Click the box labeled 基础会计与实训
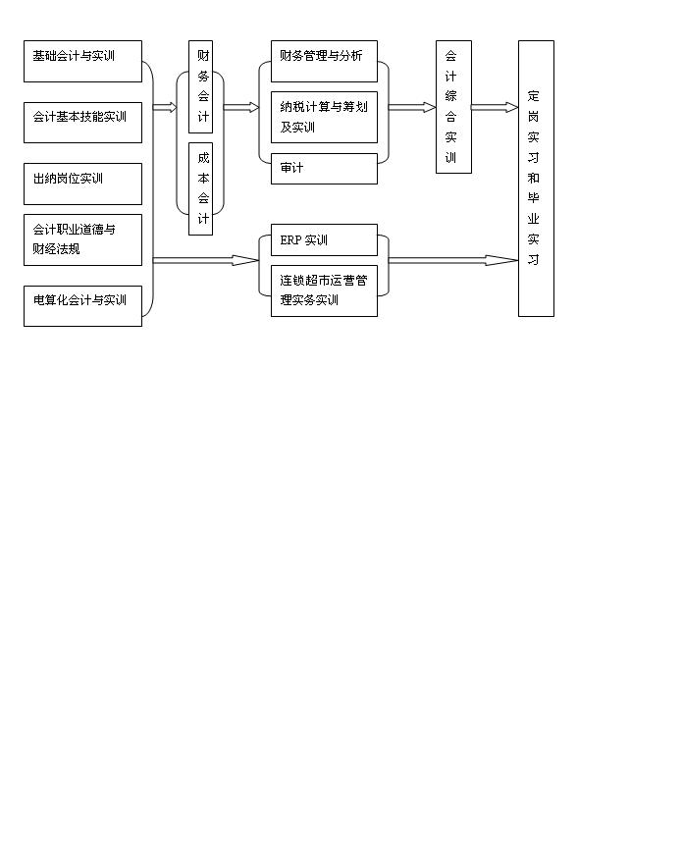pyautogui.click(x=82, y=61)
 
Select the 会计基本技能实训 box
pyautogui.click(x=82, y=123)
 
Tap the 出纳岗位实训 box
pyautogui.click(x=82, y=184)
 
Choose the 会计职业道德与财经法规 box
pyautogui.click(x=82, y=239)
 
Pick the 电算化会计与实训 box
pyautogui.click(x=82, y=306)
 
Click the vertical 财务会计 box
pyautogui.click(x=200, y=86)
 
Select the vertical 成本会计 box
pyautogui.click(x=200, y=188)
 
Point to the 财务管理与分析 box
pyautogui.click(x=324, y=61)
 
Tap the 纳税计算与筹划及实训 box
pyautogui.click(x=324, y=117)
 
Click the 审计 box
pyautogui.click(x=324, y=169)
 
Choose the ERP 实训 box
pyautogui.click(x=324, y=239)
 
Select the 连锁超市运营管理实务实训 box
pyautogui.click(x=324, y=290)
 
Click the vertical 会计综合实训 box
pyautogui.click(x=454, y=107)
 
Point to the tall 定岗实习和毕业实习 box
pyautogui.click(x=536, y=179)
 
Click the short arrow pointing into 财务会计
pyautogui.click(x=165, y=108)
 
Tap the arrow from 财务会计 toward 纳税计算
pyautogui.click(x=241, y=108)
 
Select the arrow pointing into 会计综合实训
pyautogui.click(x=412, y=108)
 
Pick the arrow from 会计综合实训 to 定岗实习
pyautogui.click(x=495, y=108)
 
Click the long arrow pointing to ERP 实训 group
pyautogui.click(x=206, y=261)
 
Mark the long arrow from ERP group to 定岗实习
pyautogui.click(x=453, y=261)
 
